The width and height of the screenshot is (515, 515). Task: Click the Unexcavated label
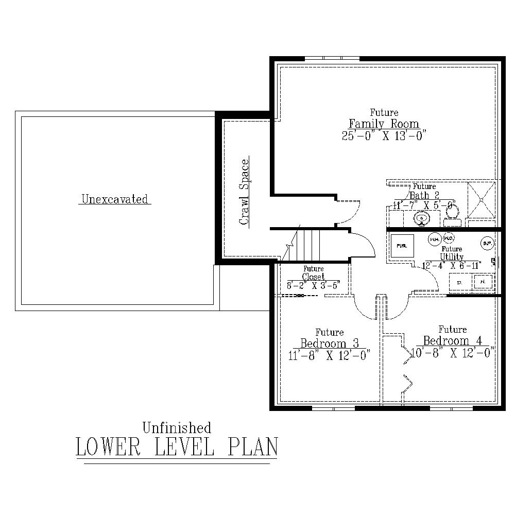pyautogui.click(x=114, y=199)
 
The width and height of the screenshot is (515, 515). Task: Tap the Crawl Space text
pyautogui.click(x=244, y=192)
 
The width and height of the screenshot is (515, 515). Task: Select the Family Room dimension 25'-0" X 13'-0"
pyautogui.click(x=384, y=135)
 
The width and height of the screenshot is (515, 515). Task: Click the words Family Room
pyautogui.click(x=384, y=124)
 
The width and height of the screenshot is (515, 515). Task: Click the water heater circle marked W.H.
pyautogui.click(x=434, y=239)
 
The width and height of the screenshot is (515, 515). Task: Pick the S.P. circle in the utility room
pyautogui.click(x=487, y=243)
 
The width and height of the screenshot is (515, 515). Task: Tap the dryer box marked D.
pyautogui.click(x=459, y=282)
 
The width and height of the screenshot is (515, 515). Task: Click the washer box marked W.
pyautogui.click(x=483, y=282)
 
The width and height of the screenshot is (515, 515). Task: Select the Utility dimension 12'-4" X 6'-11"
pyautogui.click(x=451, y=266)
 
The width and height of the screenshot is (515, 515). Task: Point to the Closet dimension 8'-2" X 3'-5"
pyautogui.click(x=313, y=285)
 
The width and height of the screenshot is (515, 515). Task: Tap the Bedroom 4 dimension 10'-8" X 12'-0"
pyautogui.click(x=453, y=353)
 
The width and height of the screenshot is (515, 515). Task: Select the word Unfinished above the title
pyautogui.click(x=177, y=427)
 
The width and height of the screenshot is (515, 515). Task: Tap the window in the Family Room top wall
pyautogui.click(x=332, y=59)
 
